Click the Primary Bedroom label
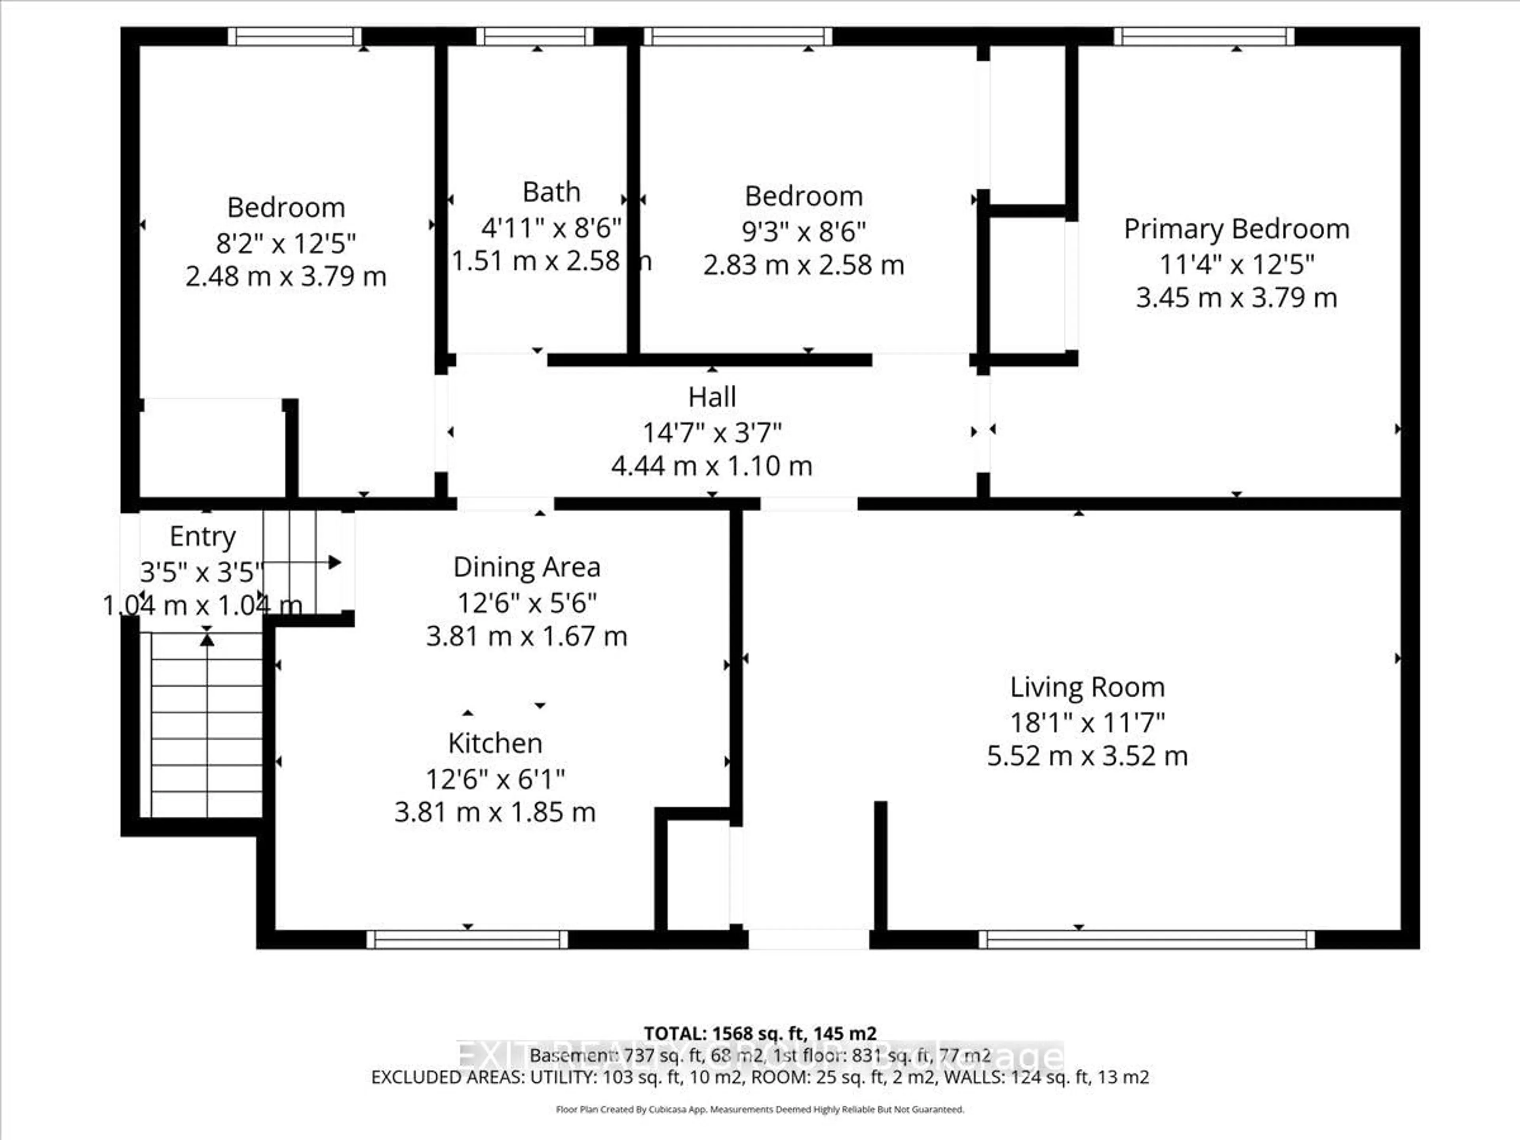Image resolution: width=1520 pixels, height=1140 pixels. tap(1236, 229)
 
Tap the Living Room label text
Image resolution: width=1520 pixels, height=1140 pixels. tap(1087, 687)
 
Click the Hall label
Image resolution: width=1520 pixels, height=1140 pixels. tap(712, 397)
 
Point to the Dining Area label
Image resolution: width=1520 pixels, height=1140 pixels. tap(526, 567)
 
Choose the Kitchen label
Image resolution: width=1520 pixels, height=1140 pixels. tap(495, 743)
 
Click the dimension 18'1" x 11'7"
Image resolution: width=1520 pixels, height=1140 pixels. tap(1087, 722)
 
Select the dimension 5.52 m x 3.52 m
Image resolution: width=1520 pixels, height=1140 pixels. tap(1087, 756)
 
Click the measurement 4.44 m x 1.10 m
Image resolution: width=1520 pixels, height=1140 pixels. tap(712, 466)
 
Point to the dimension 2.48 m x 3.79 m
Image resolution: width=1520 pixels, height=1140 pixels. tap(286, 276)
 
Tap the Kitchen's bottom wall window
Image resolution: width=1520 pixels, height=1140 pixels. tap(467, 939)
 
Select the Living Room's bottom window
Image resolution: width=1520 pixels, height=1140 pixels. tap(1146, 939)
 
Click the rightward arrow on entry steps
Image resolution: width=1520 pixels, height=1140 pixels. tap(334, 562)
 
